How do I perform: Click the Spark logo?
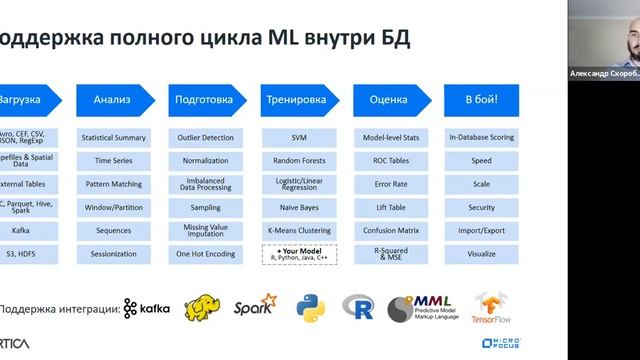tap(255, 308)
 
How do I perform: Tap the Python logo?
tap(311, 308)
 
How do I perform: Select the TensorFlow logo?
tap(492, 309)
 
